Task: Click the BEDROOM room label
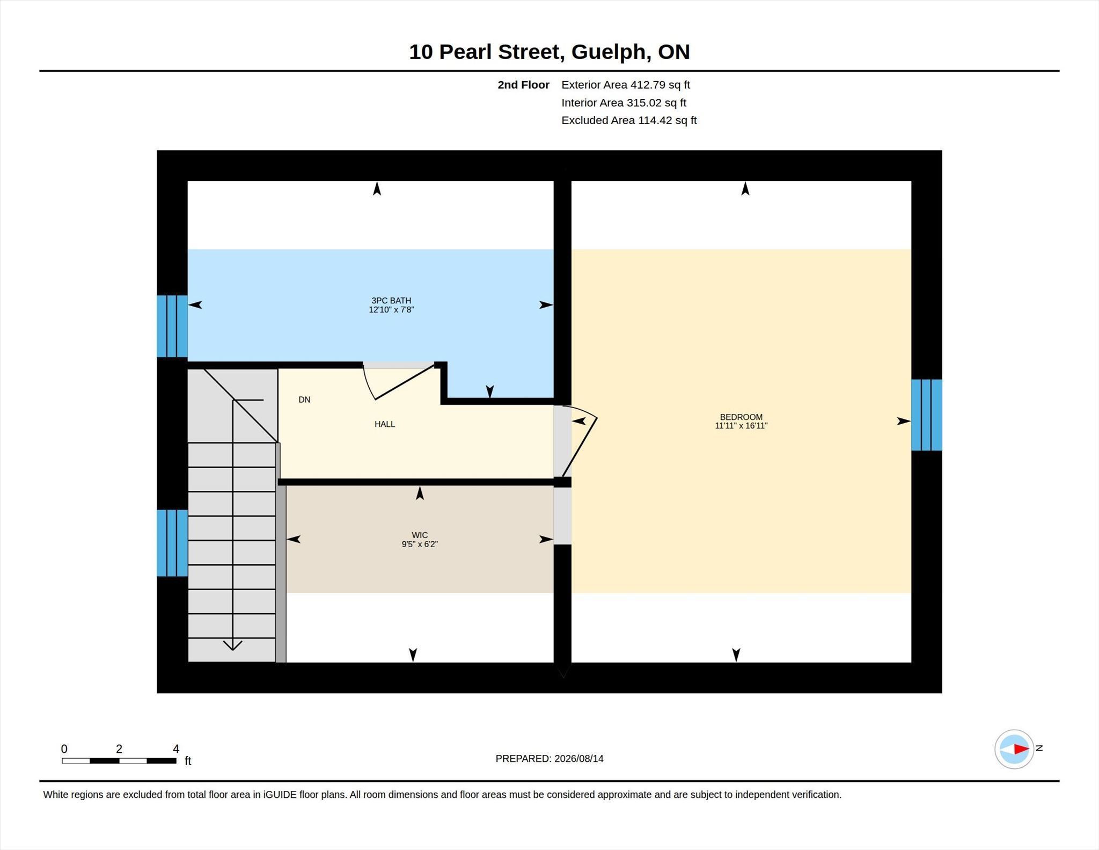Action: (x=741, y=417)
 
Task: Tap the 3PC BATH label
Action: (x=391, y=301)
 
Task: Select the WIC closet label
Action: (x=420, y=535)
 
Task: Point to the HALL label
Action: (x=385, y=424)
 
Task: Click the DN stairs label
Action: (x=304, y=399)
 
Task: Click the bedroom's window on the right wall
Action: (x=927, y=415)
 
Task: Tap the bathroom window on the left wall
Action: (x=172, y=326)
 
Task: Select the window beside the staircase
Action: (x=172, y=543)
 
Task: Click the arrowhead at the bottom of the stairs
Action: (x=232, y=645)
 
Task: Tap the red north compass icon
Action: (x=1014, y=749)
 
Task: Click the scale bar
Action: (x=119, y=761)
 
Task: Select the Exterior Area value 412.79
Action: (x=648, y=85)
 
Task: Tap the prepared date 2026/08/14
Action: (x=579, y=759)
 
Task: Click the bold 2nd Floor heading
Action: (x=523, y=85)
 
